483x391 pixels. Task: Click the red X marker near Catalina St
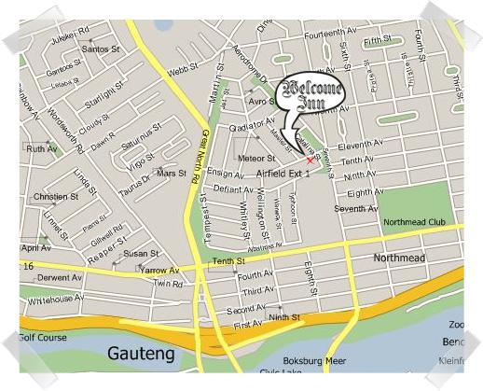pyautogui.click(x=310, y=160)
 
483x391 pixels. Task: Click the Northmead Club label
pyautogui.click(x=413, y=221)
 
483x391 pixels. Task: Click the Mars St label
pyautogui.click(x=171, y=174)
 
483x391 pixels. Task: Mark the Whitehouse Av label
pyautogui.click(x=55, y=300)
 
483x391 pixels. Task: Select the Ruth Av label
pyautogui.click(x=42, y=148)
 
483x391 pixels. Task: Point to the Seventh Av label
pyautogui.click(x=355, y=208)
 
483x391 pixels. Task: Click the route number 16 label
pyautogui.click(x=29, y=266)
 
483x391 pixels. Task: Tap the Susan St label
pyautogui.click(x=141, y=253)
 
